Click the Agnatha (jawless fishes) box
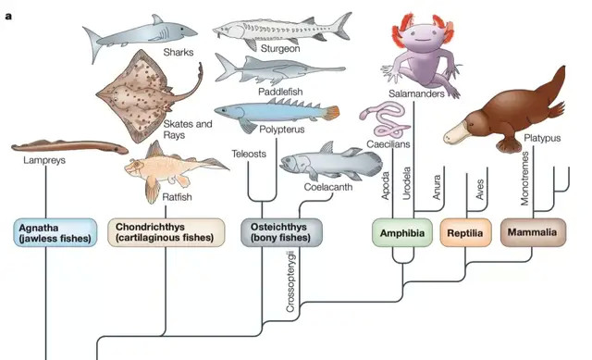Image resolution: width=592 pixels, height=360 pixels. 55,232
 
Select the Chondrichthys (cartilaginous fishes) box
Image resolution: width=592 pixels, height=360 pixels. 166,232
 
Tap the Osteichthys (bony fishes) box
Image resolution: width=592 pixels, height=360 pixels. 281,232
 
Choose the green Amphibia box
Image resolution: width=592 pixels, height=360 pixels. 402,232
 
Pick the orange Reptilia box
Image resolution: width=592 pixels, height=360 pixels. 465,232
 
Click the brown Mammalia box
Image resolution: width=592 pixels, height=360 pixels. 533,232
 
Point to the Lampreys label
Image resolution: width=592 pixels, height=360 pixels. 44,160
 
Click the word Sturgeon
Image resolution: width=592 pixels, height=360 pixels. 280,49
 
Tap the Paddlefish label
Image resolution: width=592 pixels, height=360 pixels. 280,92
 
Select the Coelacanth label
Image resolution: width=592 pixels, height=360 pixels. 328,187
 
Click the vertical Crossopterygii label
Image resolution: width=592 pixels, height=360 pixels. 290,281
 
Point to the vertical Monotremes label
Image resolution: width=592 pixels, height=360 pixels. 524,179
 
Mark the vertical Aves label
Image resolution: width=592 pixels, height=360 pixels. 480,190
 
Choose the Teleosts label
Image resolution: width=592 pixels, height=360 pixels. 249,154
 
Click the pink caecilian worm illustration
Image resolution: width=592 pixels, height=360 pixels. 385,119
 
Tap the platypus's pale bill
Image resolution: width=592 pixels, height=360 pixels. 458,133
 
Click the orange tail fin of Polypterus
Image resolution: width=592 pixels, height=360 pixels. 331,113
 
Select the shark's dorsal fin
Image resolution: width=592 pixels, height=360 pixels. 157,19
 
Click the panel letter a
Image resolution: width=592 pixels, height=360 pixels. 8,17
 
